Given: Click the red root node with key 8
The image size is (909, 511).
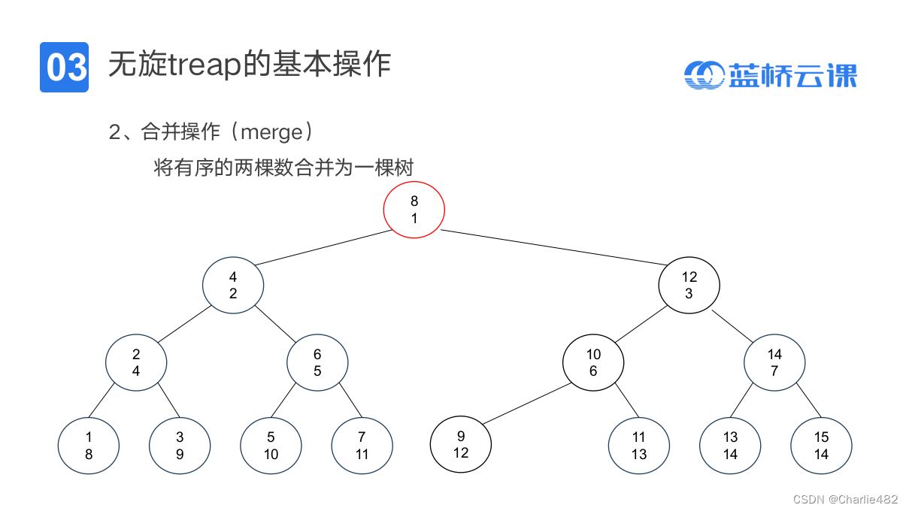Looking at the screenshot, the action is coord(414,210).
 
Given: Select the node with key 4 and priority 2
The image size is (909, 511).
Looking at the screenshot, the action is coord(233,285).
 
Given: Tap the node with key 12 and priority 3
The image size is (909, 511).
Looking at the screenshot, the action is coord(689,285).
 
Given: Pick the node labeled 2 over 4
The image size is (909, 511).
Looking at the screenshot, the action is coord(136,362).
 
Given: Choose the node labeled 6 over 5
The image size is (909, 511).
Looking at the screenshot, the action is coord(317,362).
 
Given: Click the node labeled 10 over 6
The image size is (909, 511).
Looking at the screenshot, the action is coord(593,362).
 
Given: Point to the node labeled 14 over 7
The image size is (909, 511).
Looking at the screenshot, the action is coord(774,362).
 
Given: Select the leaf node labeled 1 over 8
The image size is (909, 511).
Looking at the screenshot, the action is coord(89,445).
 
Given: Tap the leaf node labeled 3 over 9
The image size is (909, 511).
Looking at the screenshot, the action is coord(180,445).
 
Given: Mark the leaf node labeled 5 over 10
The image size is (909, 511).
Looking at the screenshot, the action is coord(271,445).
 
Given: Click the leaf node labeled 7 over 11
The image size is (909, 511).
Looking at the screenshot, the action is coord(362,445).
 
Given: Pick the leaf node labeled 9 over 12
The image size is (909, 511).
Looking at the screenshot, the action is coord(461,444).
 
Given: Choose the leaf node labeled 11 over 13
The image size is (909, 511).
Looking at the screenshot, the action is coord(638,445).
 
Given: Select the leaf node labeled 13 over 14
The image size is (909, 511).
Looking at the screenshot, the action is coord(730,445).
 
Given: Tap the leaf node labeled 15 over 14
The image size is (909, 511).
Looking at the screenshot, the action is coord(821,445).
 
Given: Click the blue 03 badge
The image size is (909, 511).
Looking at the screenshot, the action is coord(64,67).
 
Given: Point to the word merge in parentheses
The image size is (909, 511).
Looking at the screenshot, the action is coord(271,132).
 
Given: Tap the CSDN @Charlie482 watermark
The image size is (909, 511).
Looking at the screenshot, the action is coord(845,499).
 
